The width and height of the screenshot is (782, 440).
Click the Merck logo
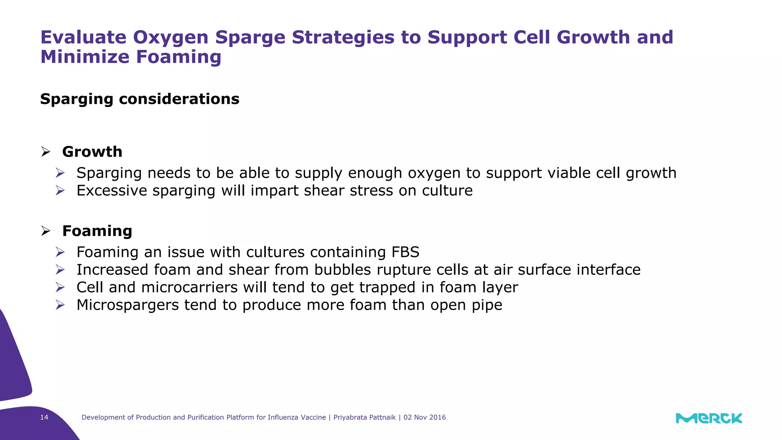click(x=709, y=418)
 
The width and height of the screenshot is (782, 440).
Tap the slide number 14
click(x=44, y=417)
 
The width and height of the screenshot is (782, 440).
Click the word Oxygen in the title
click(x=170, y=37)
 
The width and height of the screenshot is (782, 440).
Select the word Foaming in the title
click(x=179, y=57)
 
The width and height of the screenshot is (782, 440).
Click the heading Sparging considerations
click(x=140, y=99)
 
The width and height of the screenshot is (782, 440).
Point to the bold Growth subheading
click(x=92, y=152)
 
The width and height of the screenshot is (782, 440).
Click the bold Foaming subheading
click(x=97, y=231)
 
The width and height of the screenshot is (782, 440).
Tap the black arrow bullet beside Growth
click(x=46, y=152)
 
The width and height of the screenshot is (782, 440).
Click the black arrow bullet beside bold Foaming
click(x=46, y=231)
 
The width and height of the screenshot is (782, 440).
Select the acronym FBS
click(x=405, y=252)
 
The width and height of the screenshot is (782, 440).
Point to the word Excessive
click(x=111, y=191)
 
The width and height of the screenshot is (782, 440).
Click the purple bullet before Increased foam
click(x=60, y=270)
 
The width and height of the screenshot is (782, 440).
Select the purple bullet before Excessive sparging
click(x=60, y=191)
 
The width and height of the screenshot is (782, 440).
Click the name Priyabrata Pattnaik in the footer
click(x=364, y=417)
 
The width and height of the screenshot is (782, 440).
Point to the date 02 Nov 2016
click(x=425, y=417)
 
